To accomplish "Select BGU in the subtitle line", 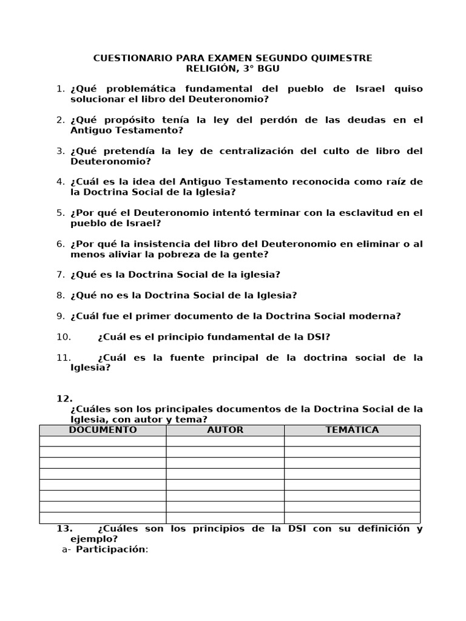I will pos(268,69).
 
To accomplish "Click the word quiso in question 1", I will pos(408,89).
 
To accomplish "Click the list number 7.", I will pos(60,275).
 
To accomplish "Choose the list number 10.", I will pos(64,337).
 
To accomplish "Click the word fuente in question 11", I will pos(183,357).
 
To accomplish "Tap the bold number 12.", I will pos(64,398).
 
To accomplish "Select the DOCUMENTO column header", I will pos(103,430).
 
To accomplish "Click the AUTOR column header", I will pos(225,430).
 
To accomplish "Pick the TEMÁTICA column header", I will pos(352,430).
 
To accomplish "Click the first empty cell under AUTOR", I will pos(225,441).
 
